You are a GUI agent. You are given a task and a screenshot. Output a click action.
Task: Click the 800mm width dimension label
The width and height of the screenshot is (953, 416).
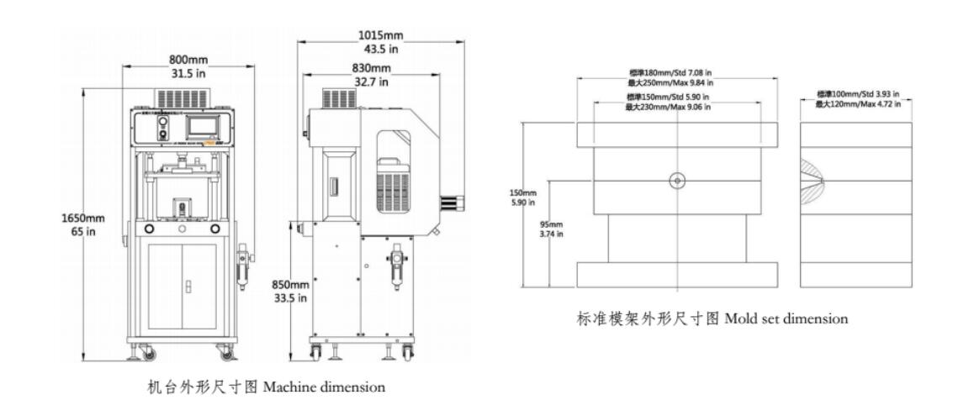pyautogui.click(x=188, y=61)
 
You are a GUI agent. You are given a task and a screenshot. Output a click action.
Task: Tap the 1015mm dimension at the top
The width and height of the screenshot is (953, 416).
pyautogui.click(x=380, y=36)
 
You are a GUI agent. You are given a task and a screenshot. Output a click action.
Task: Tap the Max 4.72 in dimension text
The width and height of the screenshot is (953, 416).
pyautogui.click(x=857, y=103)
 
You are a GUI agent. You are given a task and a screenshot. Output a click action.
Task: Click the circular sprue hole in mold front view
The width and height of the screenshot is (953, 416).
pyautogui.click(x=677, y=180)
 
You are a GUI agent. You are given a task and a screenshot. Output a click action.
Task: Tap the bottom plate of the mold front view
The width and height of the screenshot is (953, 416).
pyautogui.click(x=677, y=274)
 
